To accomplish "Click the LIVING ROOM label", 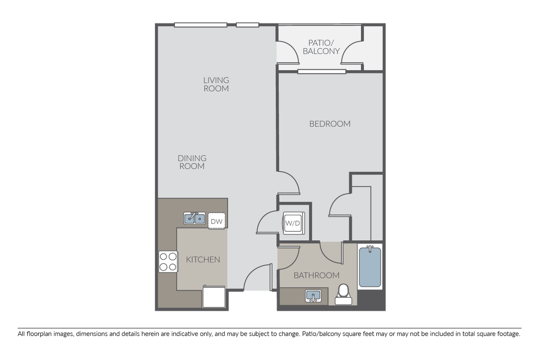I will point(216,84).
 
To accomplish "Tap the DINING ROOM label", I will point(192,162).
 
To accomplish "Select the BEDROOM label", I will point(330,124).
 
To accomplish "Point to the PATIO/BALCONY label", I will point(324,47).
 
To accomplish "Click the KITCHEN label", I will point(203,259).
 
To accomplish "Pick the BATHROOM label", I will point(316,275).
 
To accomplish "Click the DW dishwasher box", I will point(216,221).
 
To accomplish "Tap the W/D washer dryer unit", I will point(292,223).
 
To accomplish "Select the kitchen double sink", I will point(194,218).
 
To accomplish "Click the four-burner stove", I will point(168,262).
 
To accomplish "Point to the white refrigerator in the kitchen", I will point(213,297).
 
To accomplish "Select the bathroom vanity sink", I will point(312,296).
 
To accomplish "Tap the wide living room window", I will point(200,25).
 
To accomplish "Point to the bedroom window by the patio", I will point(322,71).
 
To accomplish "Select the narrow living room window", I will point(247,25).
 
